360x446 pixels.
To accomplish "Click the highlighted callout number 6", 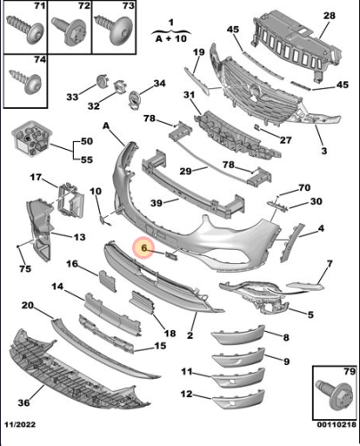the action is coord(144,248).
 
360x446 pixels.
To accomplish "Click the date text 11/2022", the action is coord(20,425).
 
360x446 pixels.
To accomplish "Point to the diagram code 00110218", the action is coord(337,425).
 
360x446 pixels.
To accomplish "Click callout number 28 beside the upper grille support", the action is coord(329,15).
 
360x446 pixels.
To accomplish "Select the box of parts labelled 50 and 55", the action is coord(30,138).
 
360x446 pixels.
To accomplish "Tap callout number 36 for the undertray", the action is coord(24,402).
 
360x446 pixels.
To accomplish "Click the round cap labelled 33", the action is coord(102,81).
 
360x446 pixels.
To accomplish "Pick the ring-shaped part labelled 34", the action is coord(134,98).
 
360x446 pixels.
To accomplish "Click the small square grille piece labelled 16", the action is coord(107,280).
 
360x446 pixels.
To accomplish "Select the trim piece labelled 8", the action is coord(239,334).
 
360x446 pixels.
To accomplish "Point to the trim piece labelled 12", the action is coord(239,399).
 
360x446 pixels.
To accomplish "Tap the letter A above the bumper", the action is coord(106,126).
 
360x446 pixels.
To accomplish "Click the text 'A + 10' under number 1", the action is coord(171,38).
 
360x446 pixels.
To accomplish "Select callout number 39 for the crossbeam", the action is coord(157,202).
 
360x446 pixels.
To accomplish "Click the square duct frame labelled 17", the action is coord(71,199).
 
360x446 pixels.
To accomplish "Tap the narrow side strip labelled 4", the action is coord(292,243).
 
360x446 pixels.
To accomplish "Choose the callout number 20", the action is coord(28,305).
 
